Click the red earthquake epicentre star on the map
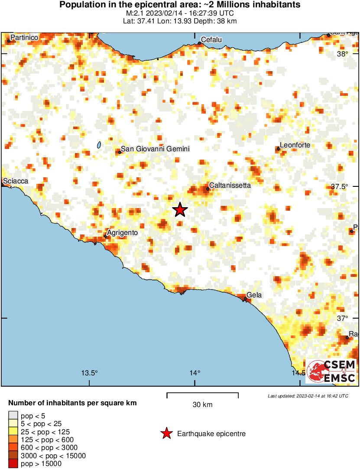180,210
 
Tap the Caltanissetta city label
230,185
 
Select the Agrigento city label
122,233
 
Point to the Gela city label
254,295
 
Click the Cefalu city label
212,40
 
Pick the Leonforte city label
295,145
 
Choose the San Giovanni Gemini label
155,149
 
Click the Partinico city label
24,38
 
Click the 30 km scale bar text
202,405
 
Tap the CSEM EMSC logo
331,371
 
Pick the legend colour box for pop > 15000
13,464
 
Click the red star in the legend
166,433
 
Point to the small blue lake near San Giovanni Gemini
99,145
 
